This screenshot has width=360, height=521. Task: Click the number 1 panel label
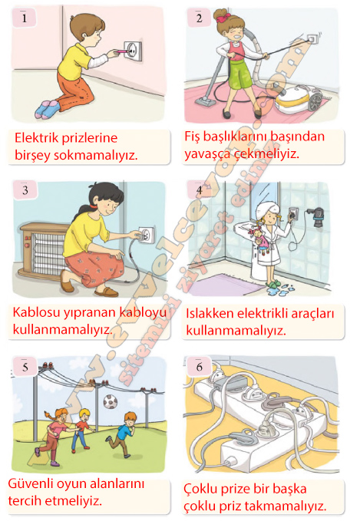24,18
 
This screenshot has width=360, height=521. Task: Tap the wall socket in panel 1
133,51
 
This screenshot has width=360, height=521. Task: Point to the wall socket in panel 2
312,39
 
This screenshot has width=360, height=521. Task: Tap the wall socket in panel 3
147,236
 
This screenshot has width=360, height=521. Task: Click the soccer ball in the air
110,402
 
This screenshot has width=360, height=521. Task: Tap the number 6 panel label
199,367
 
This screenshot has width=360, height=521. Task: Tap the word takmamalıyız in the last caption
286,506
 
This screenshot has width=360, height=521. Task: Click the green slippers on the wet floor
273,283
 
